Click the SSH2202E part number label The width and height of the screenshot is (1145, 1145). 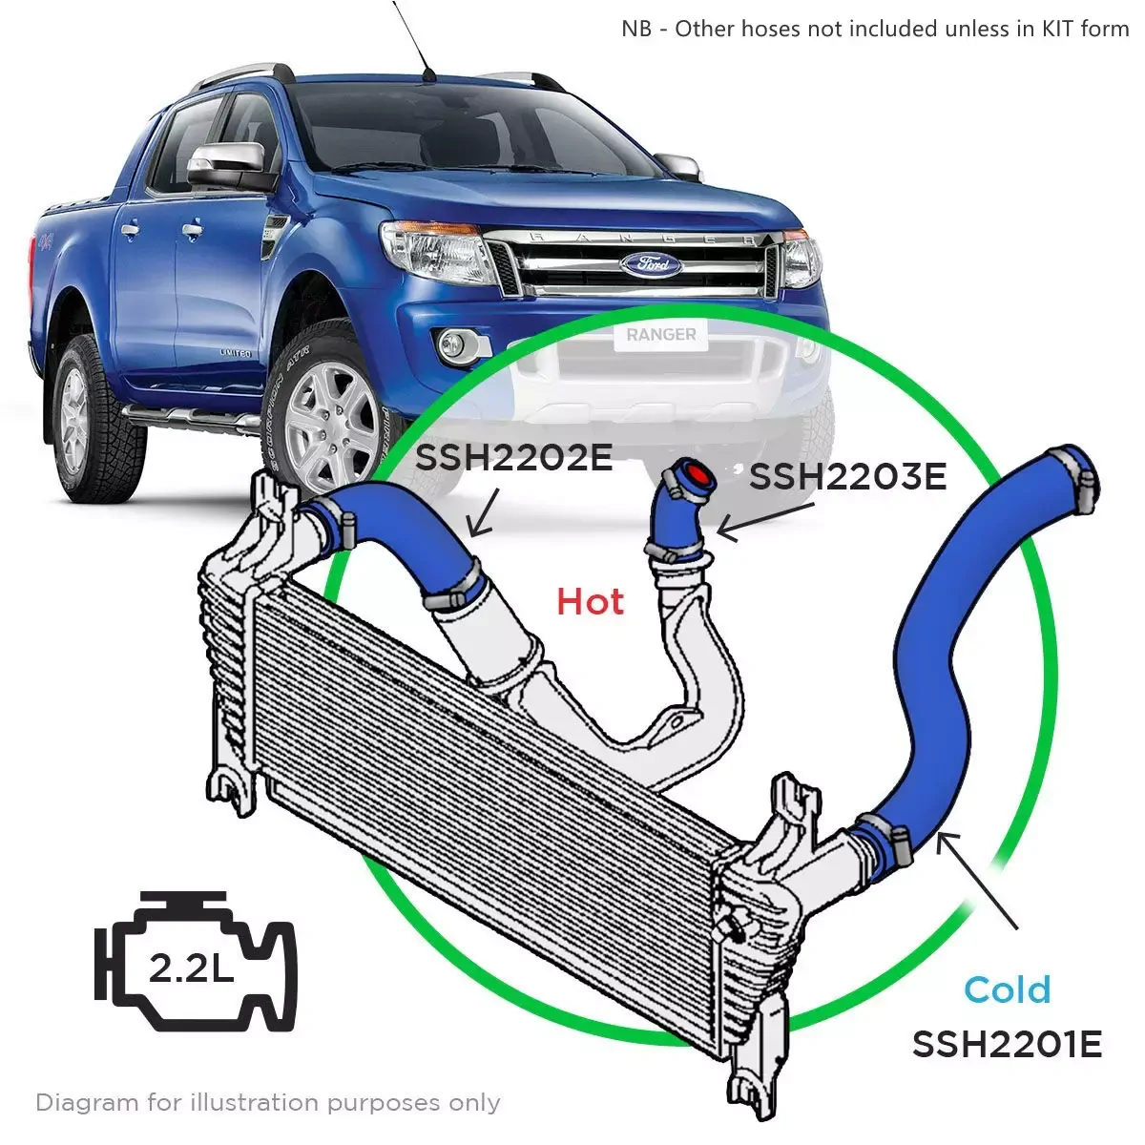(x=513, y=458)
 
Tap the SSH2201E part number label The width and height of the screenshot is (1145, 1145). (x=1008, y=1044)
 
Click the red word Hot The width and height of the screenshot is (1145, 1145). (x=590, y=601)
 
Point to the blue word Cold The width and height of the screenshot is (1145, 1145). (x=1008, y=989)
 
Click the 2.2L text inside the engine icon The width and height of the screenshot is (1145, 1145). (x=191, y=968)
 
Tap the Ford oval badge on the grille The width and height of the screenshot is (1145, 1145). (x=652, y=263)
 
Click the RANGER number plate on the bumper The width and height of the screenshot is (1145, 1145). (x=660, y=335)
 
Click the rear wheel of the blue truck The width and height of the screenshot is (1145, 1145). (x=80, y=419)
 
